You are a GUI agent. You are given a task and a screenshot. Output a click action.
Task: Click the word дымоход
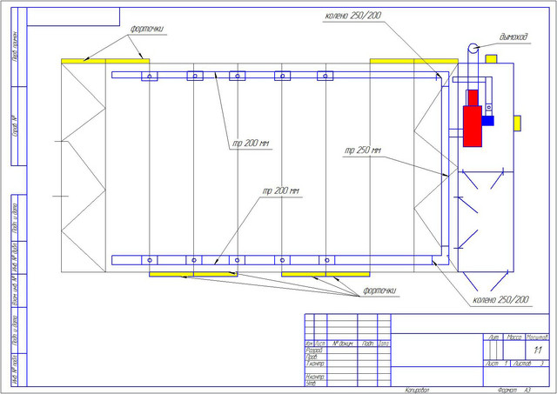pyautogui.click(x=517, y=37)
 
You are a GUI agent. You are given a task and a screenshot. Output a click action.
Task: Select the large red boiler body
pyautogui.click(x=473, y=117)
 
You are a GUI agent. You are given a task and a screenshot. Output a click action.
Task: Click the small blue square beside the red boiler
pyautogui.click(x=488, y=121)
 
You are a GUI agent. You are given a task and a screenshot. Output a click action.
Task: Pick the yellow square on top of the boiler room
pyautogui.click(x=491, y=59)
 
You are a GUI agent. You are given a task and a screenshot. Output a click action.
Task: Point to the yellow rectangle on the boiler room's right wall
pyautogui.click(x=520, y=122)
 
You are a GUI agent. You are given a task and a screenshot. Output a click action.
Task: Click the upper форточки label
pyautogui.click(x=146, y=28)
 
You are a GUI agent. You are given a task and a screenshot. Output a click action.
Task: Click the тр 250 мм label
pyautogui.click(x=362, y=151)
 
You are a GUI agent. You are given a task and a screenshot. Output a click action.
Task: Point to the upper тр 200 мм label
pyautogui.click(x=250, y=143)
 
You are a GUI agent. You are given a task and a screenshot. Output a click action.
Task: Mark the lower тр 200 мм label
pyautogui.click(x=280, y=190)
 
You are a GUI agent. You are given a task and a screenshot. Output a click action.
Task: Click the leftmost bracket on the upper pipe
pyautogui.click(x=151, y=76)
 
